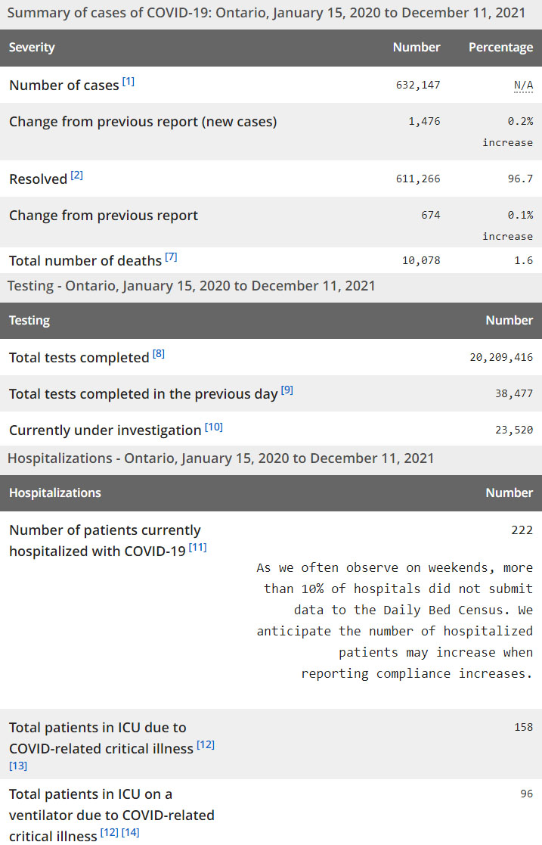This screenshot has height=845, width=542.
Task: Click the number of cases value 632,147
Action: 417,85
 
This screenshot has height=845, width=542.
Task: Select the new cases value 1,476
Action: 426,121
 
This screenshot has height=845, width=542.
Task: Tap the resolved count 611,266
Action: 417,179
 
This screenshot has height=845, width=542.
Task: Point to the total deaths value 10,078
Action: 420,260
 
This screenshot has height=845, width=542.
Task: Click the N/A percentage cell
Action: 523,85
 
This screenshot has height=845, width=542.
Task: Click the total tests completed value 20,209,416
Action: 501,357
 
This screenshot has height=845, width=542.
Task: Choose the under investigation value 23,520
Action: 514,430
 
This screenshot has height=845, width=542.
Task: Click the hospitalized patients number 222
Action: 522,530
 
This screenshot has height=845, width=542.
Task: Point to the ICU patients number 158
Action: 523,727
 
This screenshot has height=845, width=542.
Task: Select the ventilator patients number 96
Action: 526,794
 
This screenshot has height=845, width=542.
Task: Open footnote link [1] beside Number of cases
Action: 129,82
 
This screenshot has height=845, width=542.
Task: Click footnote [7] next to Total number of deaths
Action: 171,257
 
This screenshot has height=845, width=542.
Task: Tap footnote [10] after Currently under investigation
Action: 214,427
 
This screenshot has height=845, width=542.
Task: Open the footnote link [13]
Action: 18,766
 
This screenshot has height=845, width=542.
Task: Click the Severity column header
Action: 32,47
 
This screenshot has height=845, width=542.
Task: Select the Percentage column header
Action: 500,47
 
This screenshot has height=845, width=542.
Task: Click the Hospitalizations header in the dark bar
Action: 54,492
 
